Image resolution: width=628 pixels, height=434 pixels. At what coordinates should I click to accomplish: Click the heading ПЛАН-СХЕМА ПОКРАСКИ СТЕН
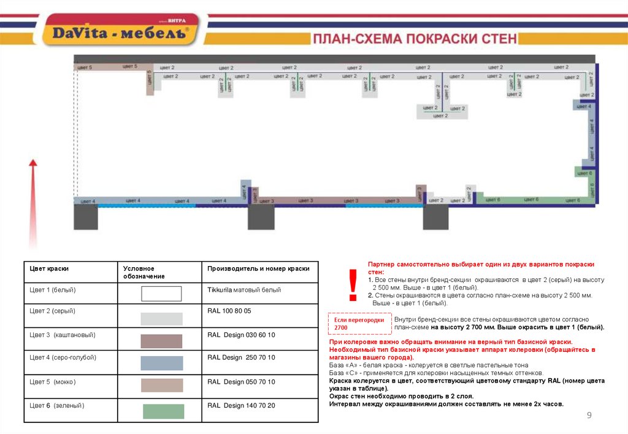[x=415, y=39]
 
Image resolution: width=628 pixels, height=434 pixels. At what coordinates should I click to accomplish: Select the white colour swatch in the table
[x=161, y=294]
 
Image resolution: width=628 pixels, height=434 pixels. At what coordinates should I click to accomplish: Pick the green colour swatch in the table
[x=163, y=411]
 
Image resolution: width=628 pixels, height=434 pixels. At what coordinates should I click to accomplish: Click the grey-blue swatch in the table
[x=162, y=363]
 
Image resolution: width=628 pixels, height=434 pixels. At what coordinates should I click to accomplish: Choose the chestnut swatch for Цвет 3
[x=161, y=341]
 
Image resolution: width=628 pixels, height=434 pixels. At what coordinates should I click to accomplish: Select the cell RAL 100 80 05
[x=229, y=311]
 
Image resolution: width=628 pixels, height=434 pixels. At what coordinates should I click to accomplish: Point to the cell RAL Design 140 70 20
[x=241, y=405]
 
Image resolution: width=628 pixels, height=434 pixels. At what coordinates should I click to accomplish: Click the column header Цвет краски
[x=49, y=268]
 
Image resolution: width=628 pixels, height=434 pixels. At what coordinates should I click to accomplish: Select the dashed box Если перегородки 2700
[x=359, y=324]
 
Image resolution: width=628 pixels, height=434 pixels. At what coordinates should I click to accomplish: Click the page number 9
[x=589, y=416]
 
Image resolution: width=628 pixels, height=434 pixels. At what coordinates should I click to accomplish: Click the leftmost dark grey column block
[x=86, y=217]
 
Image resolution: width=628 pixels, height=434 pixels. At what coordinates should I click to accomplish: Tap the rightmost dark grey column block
[x=435, y=217]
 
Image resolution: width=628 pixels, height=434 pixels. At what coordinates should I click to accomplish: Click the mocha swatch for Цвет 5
[x=162, y=385]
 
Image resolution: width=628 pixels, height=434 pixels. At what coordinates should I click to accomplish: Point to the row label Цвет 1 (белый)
[x=53, y=289]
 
